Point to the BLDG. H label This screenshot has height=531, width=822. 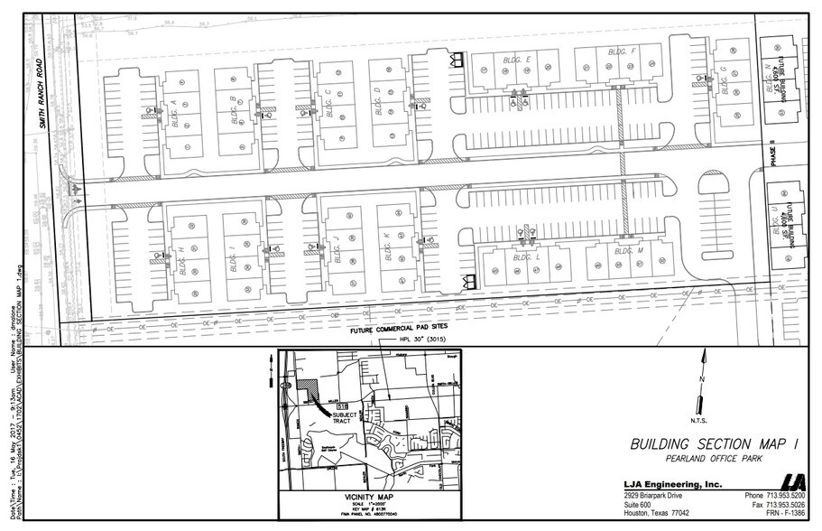(x=181, y=258)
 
